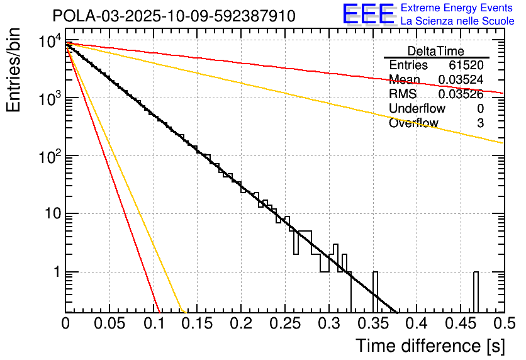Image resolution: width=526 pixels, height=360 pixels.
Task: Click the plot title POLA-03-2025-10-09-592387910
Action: point(174,16)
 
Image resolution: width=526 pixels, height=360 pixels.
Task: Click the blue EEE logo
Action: point(368,15)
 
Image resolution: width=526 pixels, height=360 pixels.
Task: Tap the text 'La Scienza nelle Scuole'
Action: point(457,21)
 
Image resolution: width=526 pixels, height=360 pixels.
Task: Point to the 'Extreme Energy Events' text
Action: point(457,8)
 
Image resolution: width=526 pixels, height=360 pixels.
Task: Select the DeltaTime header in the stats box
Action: point(435,51)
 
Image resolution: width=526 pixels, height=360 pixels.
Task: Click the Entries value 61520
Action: point(466,65)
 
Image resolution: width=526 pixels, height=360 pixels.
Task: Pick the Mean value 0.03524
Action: point(461,80)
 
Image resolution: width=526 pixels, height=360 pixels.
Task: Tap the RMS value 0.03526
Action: point(461,94)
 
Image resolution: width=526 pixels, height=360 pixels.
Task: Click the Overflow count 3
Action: point(480,123)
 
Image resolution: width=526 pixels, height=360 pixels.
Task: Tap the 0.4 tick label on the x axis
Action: point(416,323)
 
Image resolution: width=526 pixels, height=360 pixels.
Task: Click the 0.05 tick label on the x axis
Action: point(109,323)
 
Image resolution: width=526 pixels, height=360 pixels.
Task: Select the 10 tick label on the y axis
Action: point(48,214)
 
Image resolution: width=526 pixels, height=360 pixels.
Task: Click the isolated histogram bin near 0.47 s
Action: point(476,292)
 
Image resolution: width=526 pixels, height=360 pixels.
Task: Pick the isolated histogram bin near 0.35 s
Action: point(376,292)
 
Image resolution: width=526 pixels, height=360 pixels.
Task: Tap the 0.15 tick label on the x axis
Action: point(197,323)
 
